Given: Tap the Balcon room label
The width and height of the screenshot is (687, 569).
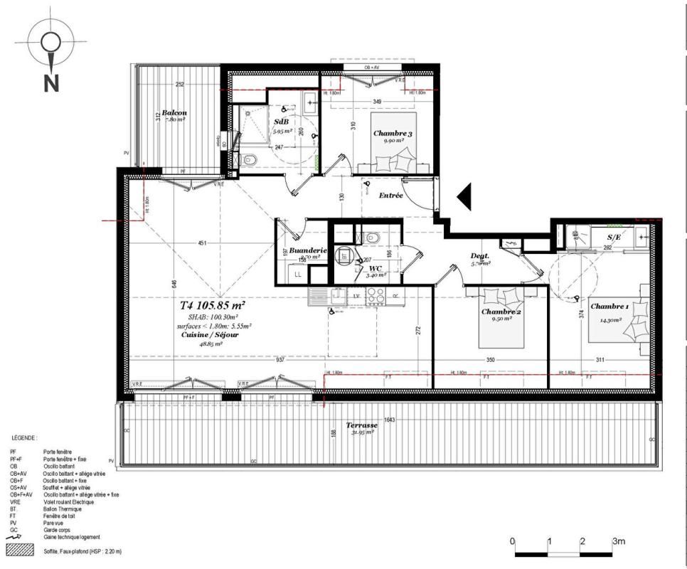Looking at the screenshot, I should click(x=174, y=113).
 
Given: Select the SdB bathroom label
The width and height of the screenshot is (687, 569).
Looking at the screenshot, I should click(x=281, y=122).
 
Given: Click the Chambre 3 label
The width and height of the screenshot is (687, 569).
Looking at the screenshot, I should click(x=392, y=133).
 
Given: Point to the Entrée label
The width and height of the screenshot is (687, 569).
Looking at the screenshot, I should click(x=390, y=195).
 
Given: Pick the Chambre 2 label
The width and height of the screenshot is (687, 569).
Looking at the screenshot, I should click(x=501, y=312).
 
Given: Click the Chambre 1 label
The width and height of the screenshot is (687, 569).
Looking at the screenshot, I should click(x=609, y=307).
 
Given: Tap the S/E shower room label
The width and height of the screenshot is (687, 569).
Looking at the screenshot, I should click(x=614, y=237).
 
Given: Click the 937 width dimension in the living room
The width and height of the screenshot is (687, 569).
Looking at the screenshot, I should click(x=280, y=360).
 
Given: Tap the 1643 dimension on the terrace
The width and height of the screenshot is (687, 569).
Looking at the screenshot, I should click(x=389, y=420).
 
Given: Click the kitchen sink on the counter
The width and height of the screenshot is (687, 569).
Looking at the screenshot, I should click(x=318, y=295).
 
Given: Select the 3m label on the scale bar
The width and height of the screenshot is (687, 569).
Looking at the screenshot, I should click(x=619, y=542).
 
